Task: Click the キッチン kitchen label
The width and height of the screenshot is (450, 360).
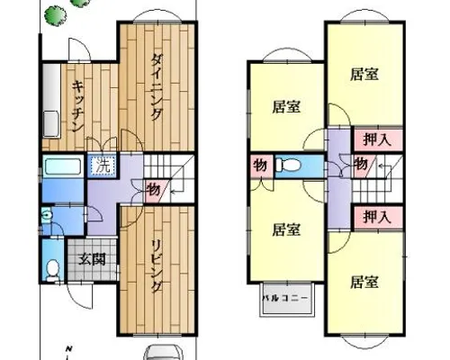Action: pos(78,106)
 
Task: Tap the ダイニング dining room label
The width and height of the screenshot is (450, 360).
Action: pos(157,87)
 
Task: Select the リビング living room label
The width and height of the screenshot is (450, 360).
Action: pos(157,266)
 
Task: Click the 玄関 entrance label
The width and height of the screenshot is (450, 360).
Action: pos(92,259)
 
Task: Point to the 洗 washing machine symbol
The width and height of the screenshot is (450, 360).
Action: pos(103,166)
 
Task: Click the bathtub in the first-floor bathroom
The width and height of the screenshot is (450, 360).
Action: pos(63,167)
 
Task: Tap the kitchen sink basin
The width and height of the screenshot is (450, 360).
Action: pos(52,123)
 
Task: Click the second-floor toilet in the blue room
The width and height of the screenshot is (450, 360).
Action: pos(287,165)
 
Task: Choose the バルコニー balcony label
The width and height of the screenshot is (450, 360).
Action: pos(285,298)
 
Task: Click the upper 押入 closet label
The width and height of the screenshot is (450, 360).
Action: pos(377,139)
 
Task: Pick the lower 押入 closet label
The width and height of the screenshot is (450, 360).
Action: pos(377,217)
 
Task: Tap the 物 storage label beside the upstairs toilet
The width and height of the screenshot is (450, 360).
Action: pos(260,165)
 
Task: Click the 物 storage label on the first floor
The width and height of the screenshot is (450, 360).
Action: pos(153,190)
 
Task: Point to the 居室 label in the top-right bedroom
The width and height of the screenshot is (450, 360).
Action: pos(364,74)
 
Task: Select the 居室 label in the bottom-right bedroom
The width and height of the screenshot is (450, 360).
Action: pos(364,282)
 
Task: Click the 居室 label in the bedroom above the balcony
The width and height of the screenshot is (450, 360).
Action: pos(286,230)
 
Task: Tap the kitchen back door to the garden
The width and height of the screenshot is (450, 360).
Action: pos(79,49)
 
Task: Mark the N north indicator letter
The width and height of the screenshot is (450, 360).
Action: pos(69,349)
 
